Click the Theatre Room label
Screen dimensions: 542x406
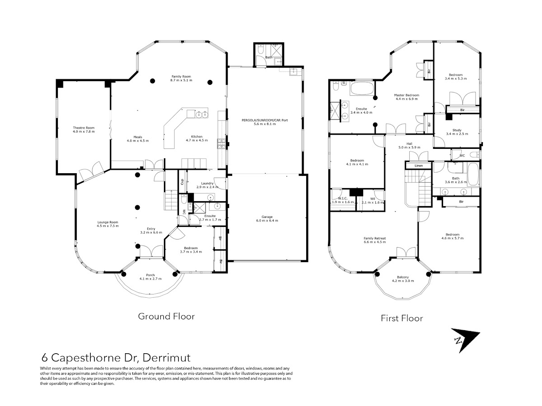click(84, 128)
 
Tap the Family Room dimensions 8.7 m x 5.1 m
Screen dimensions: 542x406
click(181, 80)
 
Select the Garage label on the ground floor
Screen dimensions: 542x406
click(266, 216)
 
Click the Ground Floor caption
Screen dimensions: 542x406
click(166, 316)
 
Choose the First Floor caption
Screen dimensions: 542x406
click(402, 318)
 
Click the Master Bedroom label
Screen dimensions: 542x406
click(406, 95)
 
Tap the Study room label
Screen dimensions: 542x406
click(457, 130)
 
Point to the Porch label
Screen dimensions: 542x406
click(150, 275)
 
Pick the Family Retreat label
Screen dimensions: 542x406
click(375, 238)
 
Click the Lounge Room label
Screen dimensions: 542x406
click(107, 221)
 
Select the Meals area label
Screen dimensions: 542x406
click(138, 137)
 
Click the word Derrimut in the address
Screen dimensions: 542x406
click(166, 358)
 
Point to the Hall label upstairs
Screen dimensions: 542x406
click(409, 143)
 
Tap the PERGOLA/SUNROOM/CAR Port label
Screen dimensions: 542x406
click(265, 120)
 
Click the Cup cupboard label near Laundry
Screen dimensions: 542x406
click(182, 182)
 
